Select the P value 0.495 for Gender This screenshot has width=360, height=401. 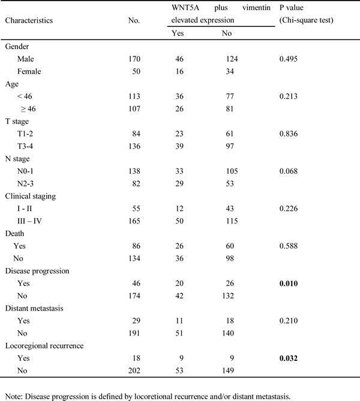[x=289, y=59]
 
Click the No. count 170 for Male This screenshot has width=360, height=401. [x=135, y=59]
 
